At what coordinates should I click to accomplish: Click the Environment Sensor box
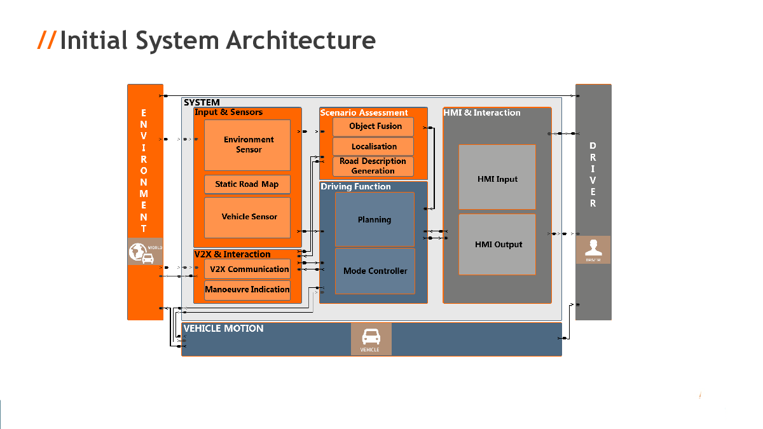247,145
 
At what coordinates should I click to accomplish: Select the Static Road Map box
247,184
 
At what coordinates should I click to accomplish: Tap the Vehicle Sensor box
247,217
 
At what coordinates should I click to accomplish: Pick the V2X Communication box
247,269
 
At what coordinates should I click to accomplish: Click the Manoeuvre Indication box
247,290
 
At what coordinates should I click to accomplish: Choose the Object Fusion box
373,126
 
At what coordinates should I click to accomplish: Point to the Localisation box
373,147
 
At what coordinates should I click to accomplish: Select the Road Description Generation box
373,166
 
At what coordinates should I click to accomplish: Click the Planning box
375,219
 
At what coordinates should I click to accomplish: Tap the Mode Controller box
375,271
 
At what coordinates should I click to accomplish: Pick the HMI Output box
497,244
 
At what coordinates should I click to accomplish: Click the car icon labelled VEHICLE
371,338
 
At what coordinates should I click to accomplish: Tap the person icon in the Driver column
593,249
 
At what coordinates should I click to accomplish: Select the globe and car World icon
145,252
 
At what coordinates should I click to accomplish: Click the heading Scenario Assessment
364,113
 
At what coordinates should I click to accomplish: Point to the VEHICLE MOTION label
223,329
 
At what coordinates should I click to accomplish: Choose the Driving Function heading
355,187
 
